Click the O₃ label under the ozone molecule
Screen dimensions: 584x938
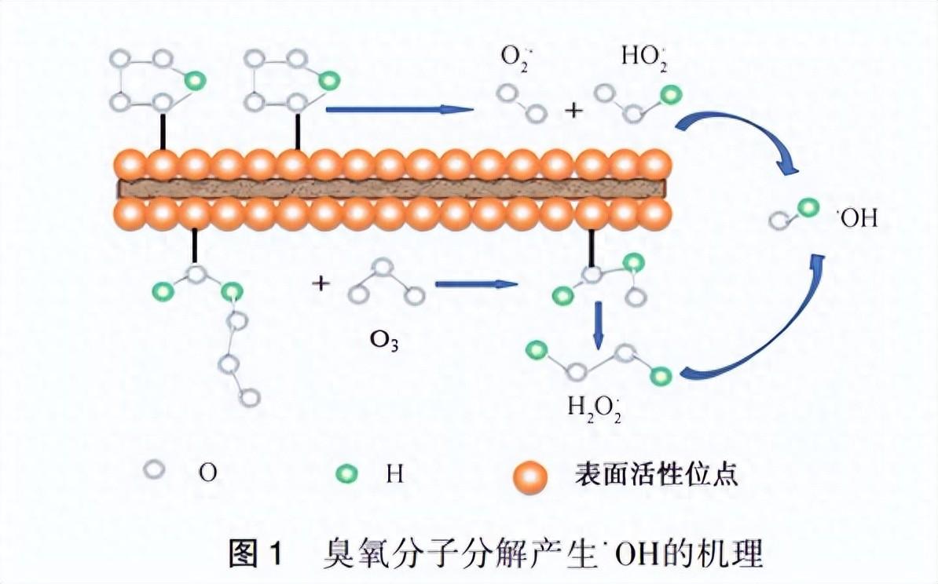(x=385, y=342)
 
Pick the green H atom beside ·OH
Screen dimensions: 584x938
(x=808, y=208)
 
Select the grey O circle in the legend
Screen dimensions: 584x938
(x=155, y=470)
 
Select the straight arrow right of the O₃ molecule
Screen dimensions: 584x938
(x=477, y=284)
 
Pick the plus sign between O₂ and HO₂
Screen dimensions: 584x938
(x=574, y=111)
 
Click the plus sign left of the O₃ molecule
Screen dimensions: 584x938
(x=320, y=283)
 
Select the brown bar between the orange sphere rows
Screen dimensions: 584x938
(x=393, y=188)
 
